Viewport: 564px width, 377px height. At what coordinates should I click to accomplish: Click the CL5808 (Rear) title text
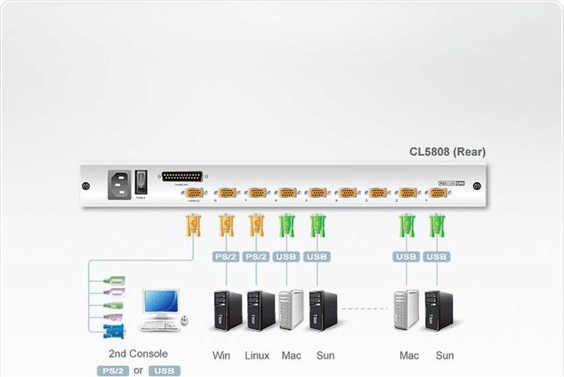447,152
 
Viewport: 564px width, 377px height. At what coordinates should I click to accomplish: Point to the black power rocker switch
141,182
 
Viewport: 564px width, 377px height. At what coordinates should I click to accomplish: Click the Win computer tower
226,311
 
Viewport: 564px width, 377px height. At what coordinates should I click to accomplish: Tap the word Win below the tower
222,356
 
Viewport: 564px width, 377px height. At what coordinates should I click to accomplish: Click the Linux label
256,356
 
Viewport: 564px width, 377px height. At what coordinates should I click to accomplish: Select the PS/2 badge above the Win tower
226,257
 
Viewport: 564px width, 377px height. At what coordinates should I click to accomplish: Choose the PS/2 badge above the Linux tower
255,257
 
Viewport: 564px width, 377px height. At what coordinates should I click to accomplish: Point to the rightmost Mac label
409,356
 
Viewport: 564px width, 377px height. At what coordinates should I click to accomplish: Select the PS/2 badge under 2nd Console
112,371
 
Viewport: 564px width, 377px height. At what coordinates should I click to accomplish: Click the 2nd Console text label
138,354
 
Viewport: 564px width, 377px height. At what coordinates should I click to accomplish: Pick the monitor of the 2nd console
161,303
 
